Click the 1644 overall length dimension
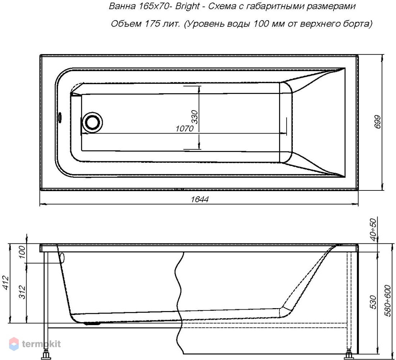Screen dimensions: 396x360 pos(200,199)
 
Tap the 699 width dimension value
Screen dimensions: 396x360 pos(377,122)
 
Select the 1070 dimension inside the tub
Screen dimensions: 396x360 pos(185,129)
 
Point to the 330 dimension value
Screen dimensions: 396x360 pos(195,117)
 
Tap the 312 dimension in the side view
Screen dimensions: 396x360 pos(22,292)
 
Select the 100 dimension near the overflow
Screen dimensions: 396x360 pos(22,252)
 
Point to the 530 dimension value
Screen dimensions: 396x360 pos(373,302)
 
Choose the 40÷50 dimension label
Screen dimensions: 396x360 pos(373,230)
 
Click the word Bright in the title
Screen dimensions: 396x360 pos(188,6)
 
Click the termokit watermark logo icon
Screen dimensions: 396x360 pos(14,344)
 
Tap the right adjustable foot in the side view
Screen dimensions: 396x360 pos(349,354)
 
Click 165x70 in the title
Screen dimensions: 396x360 pos(154,6)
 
